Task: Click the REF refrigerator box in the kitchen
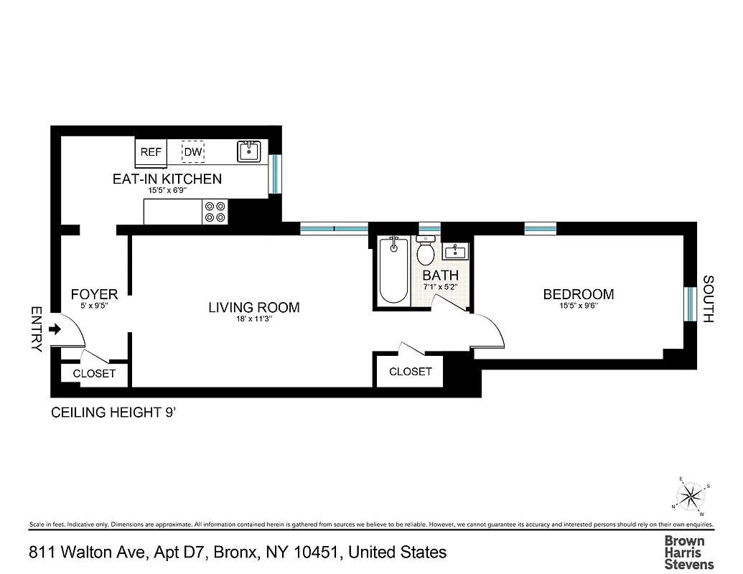point(151,152)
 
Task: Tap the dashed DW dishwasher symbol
point(192,152)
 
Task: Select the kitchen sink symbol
point(249,151)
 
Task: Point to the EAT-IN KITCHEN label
point(167,179)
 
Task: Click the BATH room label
point(440,276)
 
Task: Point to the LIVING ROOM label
point(253,308)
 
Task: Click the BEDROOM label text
point(578,294)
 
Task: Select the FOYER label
point(94,294)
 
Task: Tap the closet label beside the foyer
point(94,374)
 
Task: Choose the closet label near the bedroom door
point(410,372)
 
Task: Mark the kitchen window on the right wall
point(274,174)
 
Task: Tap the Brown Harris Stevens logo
point(683,552)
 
